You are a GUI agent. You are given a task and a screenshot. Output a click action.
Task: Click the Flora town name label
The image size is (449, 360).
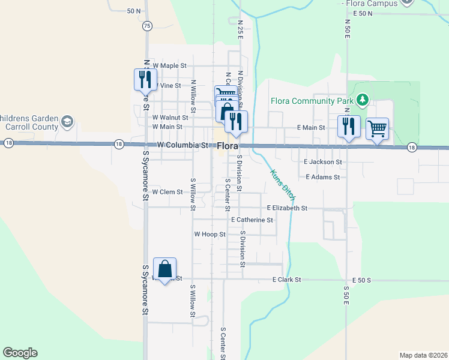coord(229,146)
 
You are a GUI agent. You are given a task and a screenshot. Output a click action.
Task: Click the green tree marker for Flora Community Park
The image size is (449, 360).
coord(362,99)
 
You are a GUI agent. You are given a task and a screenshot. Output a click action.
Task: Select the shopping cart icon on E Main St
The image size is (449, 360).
coord(377,128)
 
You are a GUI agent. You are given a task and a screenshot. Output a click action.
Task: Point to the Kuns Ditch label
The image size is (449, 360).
coord(282,185)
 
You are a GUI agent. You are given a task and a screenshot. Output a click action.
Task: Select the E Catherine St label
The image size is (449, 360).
coord(252,220)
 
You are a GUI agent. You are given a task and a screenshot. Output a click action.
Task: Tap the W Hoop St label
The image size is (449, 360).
coord(209,235)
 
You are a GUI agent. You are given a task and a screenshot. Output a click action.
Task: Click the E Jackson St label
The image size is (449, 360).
coord(323,162)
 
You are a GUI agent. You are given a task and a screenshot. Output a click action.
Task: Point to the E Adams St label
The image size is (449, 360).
coord(322,177)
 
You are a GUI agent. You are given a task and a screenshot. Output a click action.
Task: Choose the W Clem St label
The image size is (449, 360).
coord(167,192)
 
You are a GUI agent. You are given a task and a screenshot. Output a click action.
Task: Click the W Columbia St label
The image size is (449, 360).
coord(182,145)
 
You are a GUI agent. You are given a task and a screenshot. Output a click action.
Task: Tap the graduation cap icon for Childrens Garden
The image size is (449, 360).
coord(67,123)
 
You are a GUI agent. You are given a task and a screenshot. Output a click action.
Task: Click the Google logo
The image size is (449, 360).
coord(20,353)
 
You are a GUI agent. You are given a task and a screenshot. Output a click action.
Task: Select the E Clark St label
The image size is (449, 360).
coord(286,280)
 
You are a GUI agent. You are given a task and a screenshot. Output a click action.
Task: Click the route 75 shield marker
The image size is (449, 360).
coord(148,26)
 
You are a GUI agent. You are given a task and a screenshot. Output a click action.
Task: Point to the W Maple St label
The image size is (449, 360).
coord(170,65)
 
